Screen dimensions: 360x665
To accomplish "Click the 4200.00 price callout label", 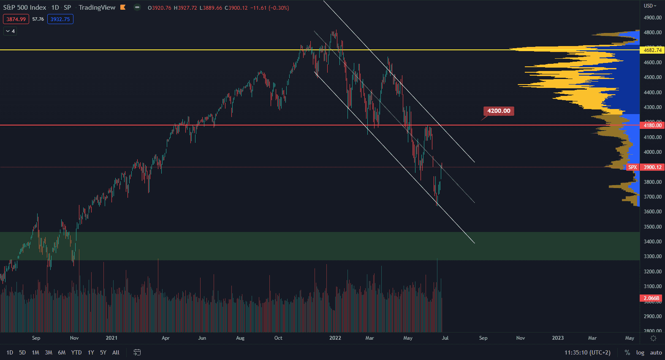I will (499, 111).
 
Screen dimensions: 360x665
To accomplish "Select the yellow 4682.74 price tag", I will (652, 50).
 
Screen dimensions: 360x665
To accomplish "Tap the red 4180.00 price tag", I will (652, 125).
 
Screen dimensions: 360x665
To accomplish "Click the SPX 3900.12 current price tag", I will (645, 167).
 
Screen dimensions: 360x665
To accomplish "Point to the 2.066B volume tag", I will (651, 298).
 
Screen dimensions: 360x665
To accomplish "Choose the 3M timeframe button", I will (49, 352).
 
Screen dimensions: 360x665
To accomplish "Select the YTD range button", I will (76, 352).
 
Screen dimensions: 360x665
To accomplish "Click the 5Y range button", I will (103, 352).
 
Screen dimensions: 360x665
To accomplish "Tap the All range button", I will (116, 352).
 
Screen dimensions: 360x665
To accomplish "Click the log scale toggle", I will (640, 352).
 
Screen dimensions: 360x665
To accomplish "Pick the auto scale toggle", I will (656, 352).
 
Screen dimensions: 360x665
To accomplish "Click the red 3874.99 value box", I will (16, 19).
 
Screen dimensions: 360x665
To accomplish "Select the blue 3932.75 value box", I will (60, 19).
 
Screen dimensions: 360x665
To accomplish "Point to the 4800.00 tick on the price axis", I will (652, 33).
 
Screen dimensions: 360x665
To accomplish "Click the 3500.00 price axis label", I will (652, 227).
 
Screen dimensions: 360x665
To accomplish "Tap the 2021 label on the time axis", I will (111, 338).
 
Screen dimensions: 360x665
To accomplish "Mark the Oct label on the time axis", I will (278, 338).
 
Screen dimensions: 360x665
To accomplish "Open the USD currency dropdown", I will (650, 6).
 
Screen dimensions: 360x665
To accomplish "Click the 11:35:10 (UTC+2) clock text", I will (587, 352).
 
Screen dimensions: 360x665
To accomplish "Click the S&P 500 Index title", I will (24, 8).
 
